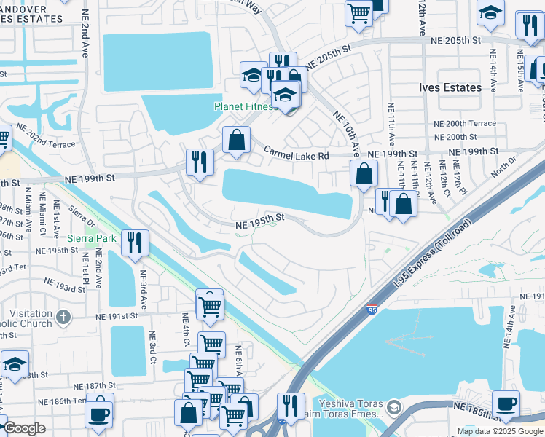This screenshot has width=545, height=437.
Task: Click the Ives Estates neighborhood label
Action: [x=450, y=87]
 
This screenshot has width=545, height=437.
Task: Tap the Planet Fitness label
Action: [x=245, y=106]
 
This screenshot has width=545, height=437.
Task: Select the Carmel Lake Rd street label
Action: [x=297, y=154]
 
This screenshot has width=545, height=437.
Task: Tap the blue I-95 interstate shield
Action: [x=372, y=310]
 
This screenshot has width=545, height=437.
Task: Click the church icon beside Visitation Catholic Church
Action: [x=63, y=317]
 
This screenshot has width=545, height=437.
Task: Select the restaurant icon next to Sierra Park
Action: [x=134, y=243]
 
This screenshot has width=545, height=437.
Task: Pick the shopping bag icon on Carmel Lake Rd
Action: [x=236, y=140]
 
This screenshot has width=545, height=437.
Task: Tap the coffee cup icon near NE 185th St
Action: [x=506, y=403]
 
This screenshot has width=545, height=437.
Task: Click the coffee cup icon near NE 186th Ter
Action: [x=99, y=412]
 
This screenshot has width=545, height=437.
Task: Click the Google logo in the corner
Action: [x=24, y=428]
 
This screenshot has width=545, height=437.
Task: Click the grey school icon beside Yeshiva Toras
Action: [x=393, y=406]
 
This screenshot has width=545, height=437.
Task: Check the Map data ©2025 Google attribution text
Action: [x=499, y=431]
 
